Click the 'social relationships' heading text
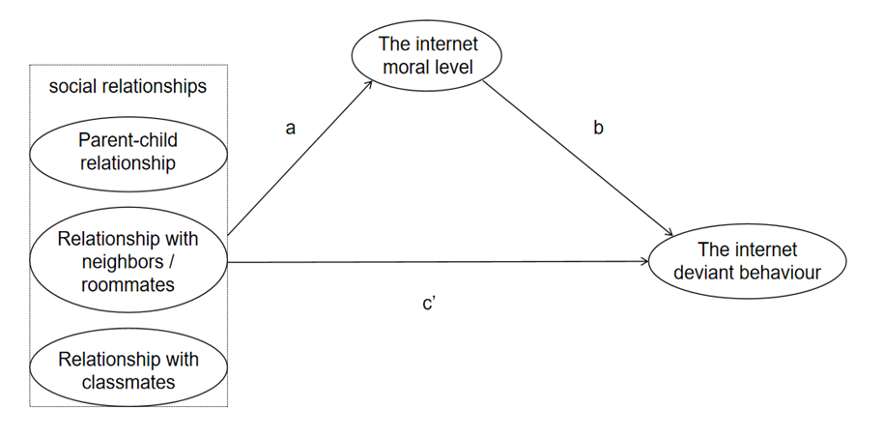(128, 87)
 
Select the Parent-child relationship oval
(128, 152)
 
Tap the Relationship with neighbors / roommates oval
(128, 261)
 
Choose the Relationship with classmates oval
(128, 370)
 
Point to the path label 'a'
(290, 128)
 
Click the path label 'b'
(599, 128)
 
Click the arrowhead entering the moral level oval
(372, 84)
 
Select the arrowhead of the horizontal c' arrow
(643, 261)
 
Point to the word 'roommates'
(128, 284)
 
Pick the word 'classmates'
(128, 382)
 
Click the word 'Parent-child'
(128, 140)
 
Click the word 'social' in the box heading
(71, 87)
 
